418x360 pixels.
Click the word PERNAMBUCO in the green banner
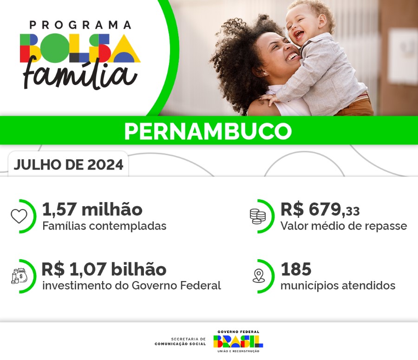point(208,131)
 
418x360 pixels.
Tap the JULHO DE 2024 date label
point(68,165)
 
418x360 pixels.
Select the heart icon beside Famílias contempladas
point(19,216)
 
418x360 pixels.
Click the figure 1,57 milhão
point(92,209)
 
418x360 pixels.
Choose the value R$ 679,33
point(320,210)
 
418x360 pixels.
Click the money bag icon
point(19,276)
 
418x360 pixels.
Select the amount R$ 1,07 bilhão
point(104,269)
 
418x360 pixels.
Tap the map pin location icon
point(258,276)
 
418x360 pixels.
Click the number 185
point(296,269)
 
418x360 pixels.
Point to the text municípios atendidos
point(338,285)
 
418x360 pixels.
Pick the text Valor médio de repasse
point(343,226)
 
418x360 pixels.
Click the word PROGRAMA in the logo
point(80,25)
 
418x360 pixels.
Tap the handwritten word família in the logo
point(80,74)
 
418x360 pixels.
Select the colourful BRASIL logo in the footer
point(238,341)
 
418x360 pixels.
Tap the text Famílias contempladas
point(104,226)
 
